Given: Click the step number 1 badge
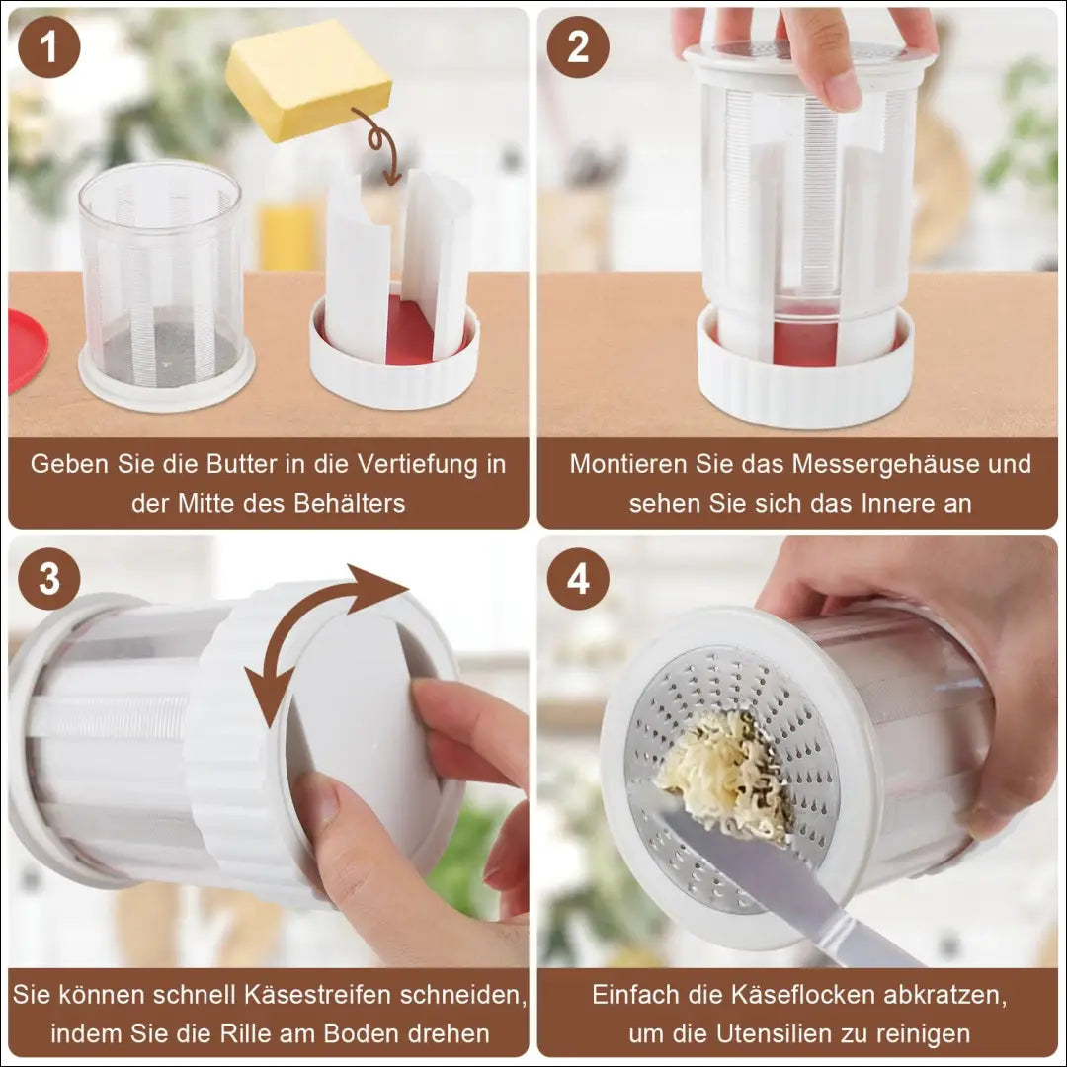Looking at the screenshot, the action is pyautogui.click(x=49, y=47).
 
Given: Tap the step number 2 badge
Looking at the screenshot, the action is pyautogui.click(x=578, y=47).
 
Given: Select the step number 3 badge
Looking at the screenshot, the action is pyautogui.click(x=49, y=578).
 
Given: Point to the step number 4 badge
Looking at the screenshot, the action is pyautogui.click(x=578, y=578).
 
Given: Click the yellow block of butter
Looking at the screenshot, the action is pyautogui.click(x=308, y=80).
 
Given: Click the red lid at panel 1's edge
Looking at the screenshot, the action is pyautogui.click(x=28, y=351).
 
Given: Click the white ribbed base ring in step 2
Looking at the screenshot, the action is pyautogui.click(x=806, y=381).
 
